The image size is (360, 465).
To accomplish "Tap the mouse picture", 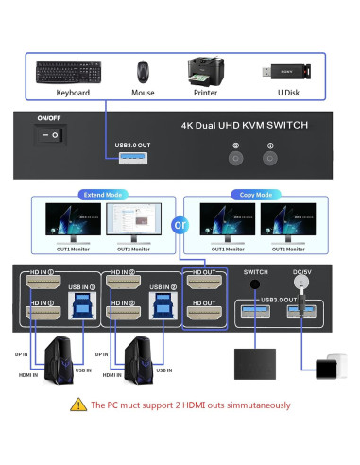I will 142,72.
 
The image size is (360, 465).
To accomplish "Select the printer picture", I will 206,70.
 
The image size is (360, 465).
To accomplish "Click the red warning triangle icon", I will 77,405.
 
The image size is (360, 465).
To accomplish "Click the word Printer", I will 205,94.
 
